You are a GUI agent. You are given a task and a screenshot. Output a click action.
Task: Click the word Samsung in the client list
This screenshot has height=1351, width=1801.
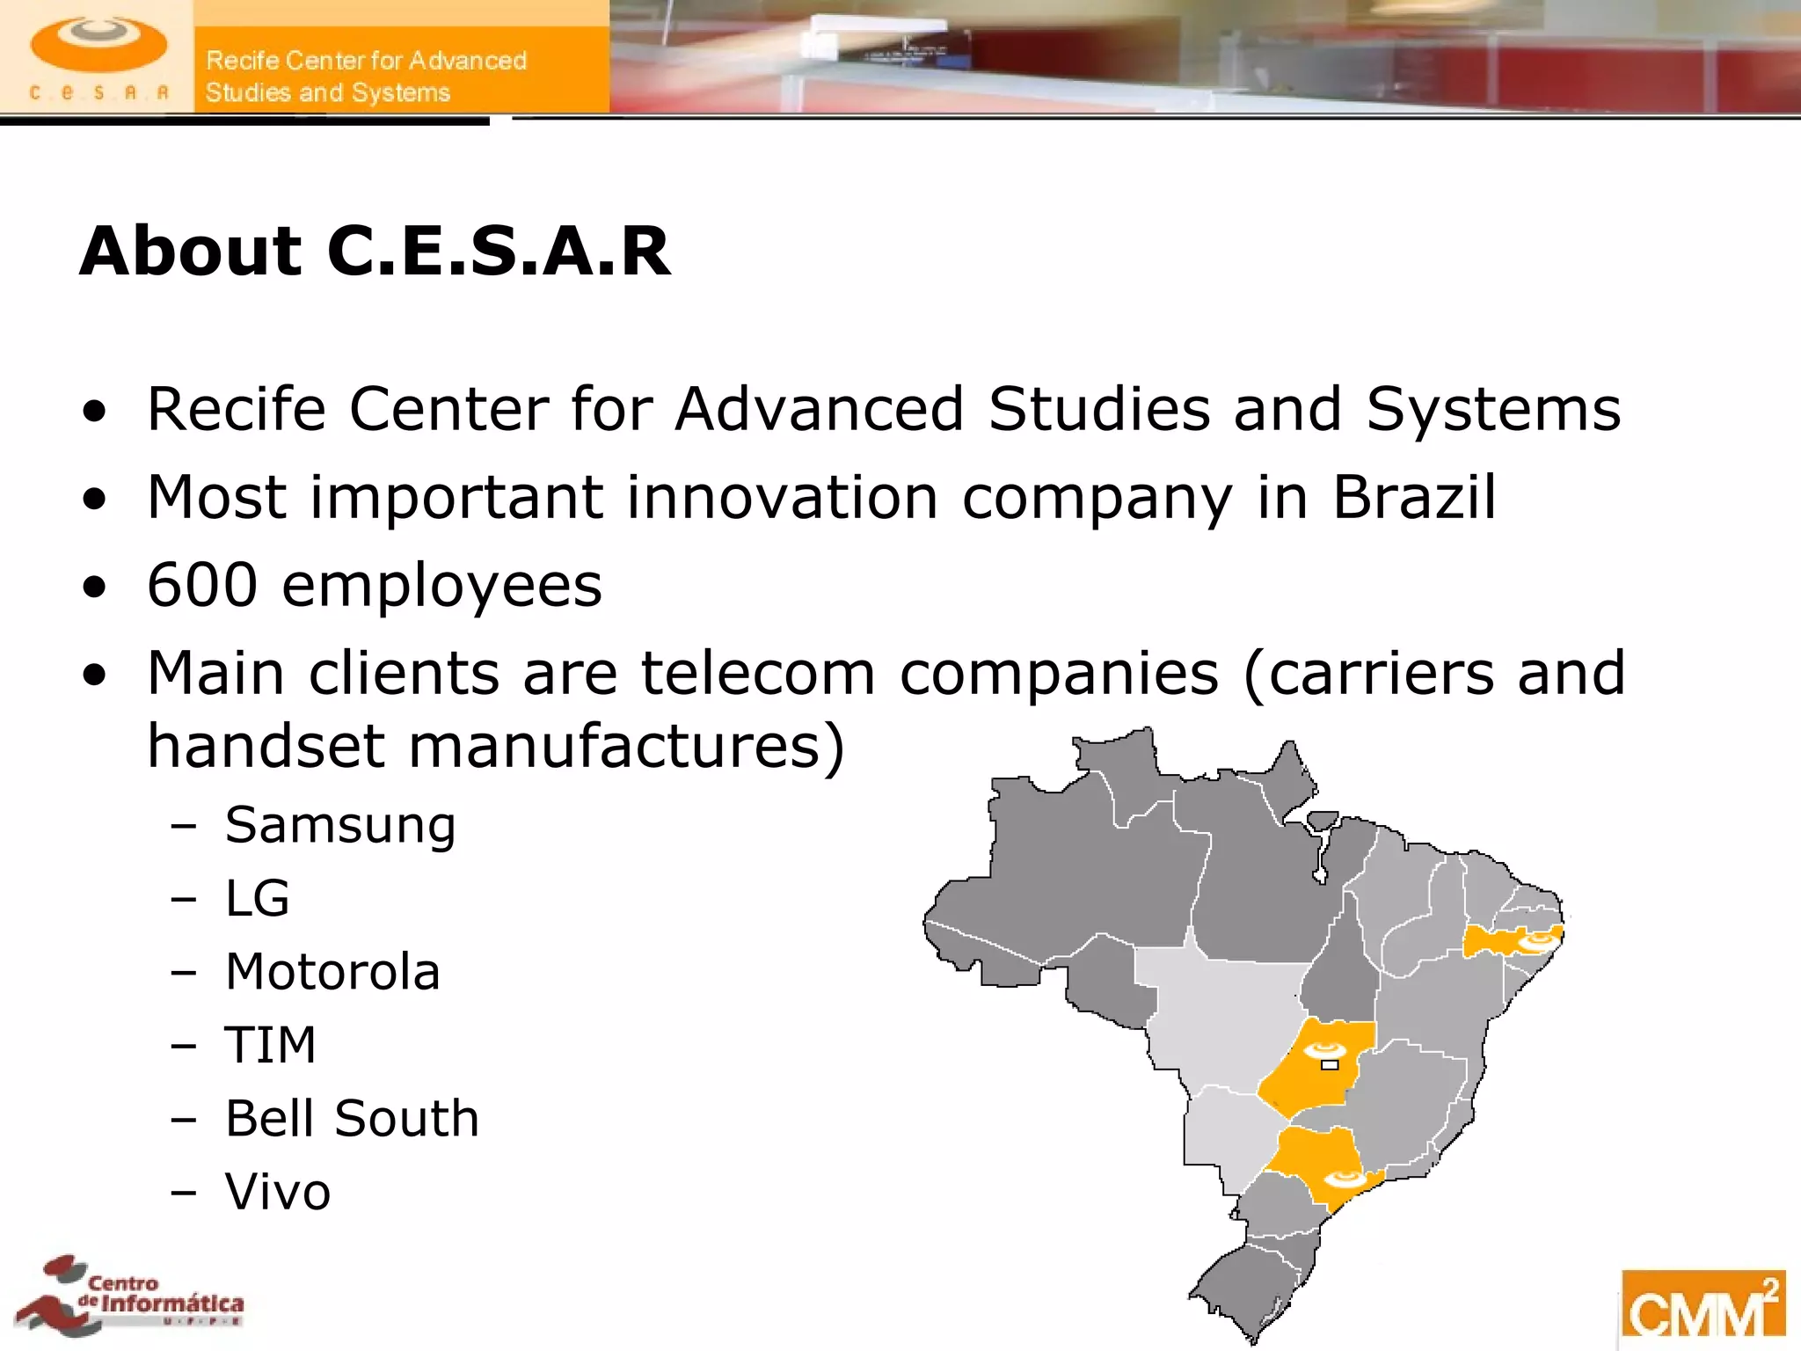pyautogui.click(x=340, y=826)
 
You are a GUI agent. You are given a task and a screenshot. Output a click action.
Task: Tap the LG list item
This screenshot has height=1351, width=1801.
pyautogui.click(x=257, y=899)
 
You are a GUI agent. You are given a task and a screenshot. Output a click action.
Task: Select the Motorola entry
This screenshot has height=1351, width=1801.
pyautogui.click(x=332, y=972)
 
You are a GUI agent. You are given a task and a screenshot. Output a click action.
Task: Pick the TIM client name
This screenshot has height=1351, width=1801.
pyautogui.click(x=270, y=1045)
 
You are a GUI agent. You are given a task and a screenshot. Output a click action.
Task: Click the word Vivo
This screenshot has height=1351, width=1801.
pyautogui.click(x=278, y=1192)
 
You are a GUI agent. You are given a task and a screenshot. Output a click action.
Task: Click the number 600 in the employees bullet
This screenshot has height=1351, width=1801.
pyautogui.click(x=202, y=584)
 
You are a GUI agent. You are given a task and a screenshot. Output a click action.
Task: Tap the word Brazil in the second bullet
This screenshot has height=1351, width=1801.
pyautogui.click(x=1413, y=498)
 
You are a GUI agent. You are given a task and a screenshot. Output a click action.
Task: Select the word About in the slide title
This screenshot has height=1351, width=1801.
pyautogui.click(x=191, y=252)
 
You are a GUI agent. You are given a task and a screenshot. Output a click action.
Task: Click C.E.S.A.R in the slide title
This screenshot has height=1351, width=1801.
pyautogui.click(x=499, y=252)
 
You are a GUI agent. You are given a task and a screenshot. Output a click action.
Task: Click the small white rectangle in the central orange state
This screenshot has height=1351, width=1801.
pyautogui.click(x=1330, y=1065)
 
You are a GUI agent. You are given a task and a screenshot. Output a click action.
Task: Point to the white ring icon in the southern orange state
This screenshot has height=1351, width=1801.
pyautogui.click(x=1343, y=1179)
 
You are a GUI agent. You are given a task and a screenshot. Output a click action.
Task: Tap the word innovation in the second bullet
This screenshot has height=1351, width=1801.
pyautogui.click(x=783, y=498)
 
